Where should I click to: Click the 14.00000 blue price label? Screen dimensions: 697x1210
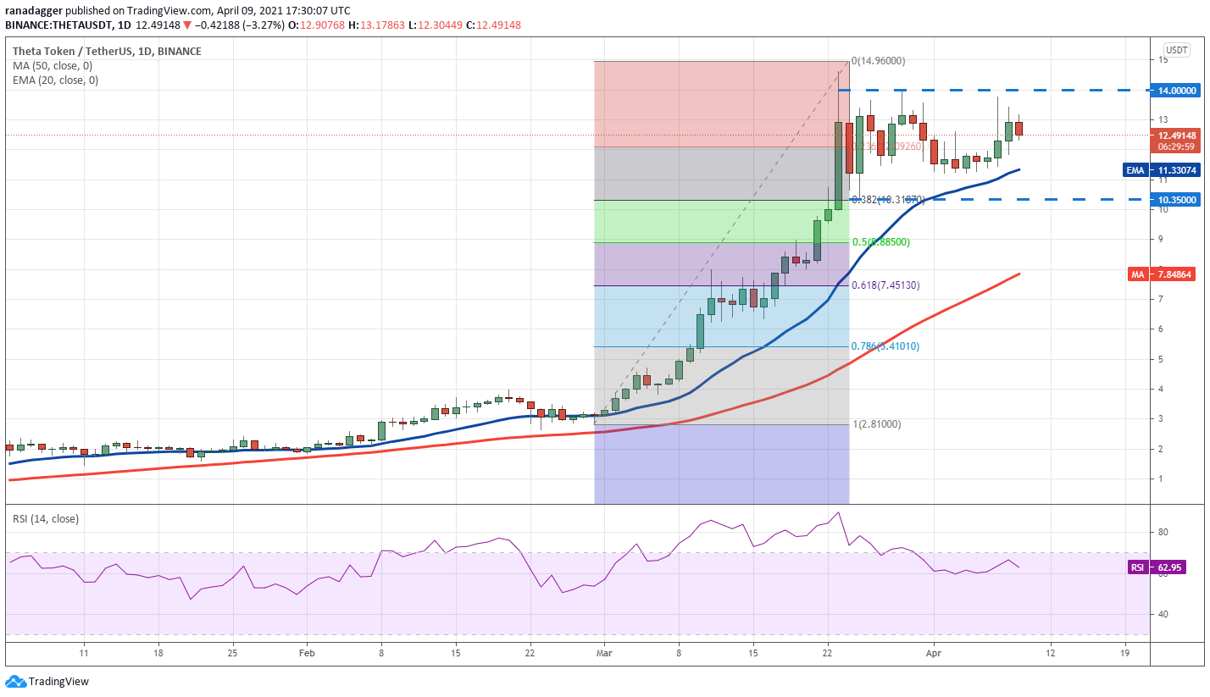(x=1177, y=91)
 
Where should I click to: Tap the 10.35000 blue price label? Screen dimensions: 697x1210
(x=1177, y=200)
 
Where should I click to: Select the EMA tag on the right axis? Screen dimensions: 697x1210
(x=1135, y=170)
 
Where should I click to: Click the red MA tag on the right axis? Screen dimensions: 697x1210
(x=1137, y=274)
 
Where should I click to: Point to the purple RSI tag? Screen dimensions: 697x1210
(x=1136, y=567)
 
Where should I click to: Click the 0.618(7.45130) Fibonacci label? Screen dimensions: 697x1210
(x=885, y=285)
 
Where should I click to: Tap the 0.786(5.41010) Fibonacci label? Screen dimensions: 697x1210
(x=885, y=346)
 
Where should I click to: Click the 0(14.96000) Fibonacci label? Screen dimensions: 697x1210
(x=879, y=61)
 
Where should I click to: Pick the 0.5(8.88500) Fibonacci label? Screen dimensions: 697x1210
(x=880, y=242)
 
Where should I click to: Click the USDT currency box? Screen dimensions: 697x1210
(x=1176, y=50)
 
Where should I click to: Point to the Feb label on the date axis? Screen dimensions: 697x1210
(x=307, y=654)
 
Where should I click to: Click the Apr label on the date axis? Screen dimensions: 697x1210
(x=933, y=654)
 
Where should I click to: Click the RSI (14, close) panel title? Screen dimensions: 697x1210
(x=46, y=519)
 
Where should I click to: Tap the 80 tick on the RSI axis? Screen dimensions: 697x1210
(x=1163, y=532)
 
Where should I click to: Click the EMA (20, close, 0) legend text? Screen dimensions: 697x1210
(x=55, y=80)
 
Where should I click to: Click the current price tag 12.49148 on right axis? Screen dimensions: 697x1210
(x=1177, y=136)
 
